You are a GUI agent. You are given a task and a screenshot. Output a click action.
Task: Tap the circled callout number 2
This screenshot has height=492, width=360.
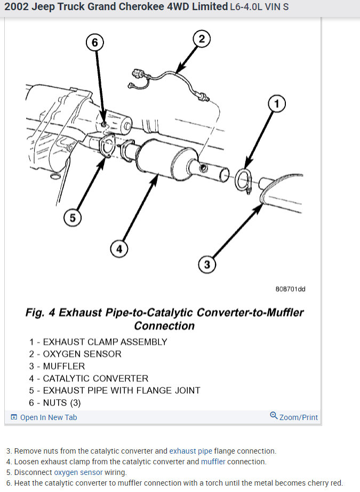(201, 38)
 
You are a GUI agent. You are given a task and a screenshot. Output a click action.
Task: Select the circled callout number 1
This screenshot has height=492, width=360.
(276, 104)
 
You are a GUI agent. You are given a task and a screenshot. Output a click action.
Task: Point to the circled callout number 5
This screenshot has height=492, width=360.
(73, 217)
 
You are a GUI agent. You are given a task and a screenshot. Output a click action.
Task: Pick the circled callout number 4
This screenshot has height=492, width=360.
(119, 248)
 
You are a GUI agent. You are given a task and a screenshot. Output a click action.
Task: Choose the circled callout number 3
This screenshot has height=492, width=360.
(207, 264)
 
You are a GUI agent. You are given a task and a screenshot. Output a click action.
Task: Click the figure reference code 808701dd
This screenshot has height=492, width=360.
(290, 289)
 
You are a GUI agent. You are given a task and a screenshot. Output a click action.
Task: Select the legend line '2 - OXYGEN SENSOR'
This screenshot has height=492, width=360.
(75, 354)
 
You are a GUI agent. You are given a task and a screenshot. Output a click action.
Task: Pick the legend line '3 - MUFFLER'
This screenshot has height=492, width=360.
(57, 366)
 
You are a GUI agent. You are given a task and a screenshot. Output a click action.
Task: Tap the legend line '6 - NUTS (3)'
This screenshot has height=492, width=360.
(55, 402)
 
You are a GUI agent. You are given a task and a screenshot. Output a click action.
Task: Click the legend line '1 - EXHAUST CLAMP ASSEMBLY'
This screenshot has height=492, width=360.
(98, 342)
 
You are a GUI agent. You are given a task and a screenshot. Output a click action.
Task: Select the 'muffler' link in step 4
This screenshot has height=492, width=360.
(213, 462)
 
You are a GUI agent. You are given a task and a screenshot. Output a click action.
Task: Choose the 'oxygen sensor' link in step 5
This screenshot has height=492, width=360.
(78, 472)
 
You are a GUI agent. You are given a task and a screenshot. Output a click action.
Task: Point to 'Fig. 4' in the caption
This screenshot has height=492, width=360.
(40, 313)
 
